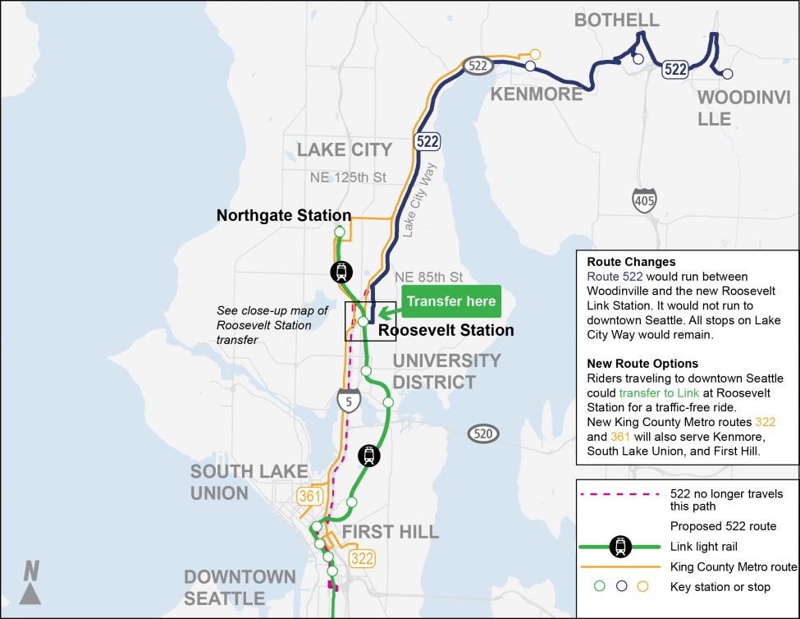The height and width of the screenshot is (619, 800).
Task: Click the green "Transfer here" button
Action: [450, 301]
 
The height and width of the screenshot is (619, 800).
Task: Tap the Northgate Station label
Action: [283, 216]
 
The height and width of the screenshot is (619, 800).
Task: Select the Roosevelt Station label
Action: [446, 331]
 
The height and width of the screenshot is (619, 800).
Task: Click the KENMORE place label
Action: [536, 94]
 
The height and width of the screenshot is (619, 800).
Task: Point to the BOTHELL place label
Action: [616, 20]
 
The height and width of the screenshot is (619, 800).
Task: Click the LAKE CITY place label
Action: [345, 149]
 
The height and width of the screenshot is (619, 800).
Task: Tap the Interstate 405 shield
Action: [644, 199]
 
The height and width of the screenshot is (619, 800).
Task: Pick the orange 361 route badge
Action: [310, 497]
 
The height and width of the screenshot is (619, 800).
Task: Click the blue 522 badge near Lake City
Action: [427, 141]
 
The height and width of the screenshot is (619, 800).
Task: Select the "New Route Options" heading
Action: [642, 364]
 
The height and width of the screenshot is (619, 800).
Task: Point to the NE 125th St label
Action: [348, 177]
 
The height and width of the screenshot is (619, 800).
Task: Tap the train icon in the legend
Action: [623, 546]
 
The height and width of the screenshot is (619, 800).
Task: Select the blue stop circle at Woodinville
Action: [728, 74]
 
